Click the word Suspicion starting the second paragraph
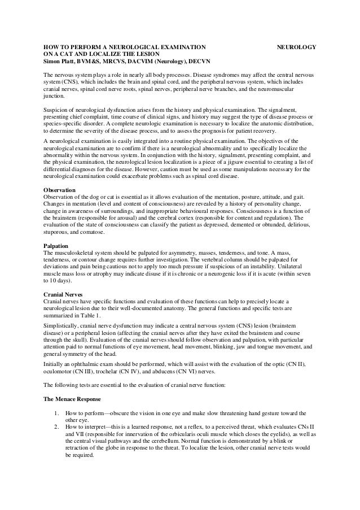pyautogui.click(x=55, y=110)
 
